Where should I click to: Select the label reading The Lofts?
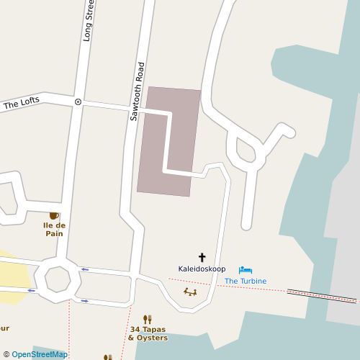click(x=22, y=104)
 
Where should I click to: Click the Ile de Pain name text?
click(x=54, y=228)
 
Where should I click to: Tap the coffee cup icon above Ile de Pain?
click(x=54, y=215)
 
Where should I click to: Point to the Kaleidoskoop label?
click(x=202, y=269)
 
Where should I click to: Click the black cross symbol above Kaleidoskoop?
click(x=202, y=257)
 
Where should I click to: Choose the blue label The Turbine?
click(x=246, y=281)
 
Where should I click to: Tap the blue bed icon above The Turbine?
click(x=246, y=270)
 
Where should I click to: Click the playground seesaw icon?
click(x=190, y=292)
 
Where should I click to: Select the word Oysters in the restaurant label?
click(x=153, y=338)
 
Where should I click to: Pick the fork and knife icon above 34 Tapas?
click(x=148, y=318)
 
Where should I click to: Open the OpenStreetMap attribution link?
click(x=39, y=354)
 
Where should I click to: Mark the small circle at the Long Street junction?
click(x=78, y=102)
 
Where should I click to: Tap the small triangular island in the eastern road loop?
click(x=246, y=151)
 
